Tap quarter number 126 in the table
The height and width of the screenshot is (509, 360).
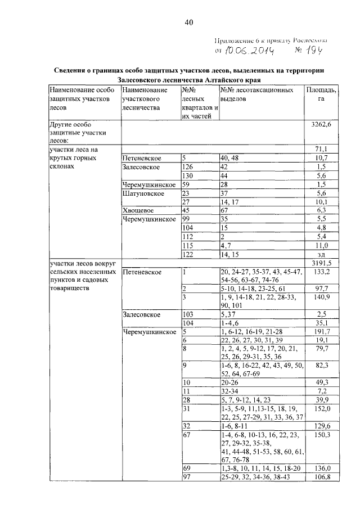tap(188, 167)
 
